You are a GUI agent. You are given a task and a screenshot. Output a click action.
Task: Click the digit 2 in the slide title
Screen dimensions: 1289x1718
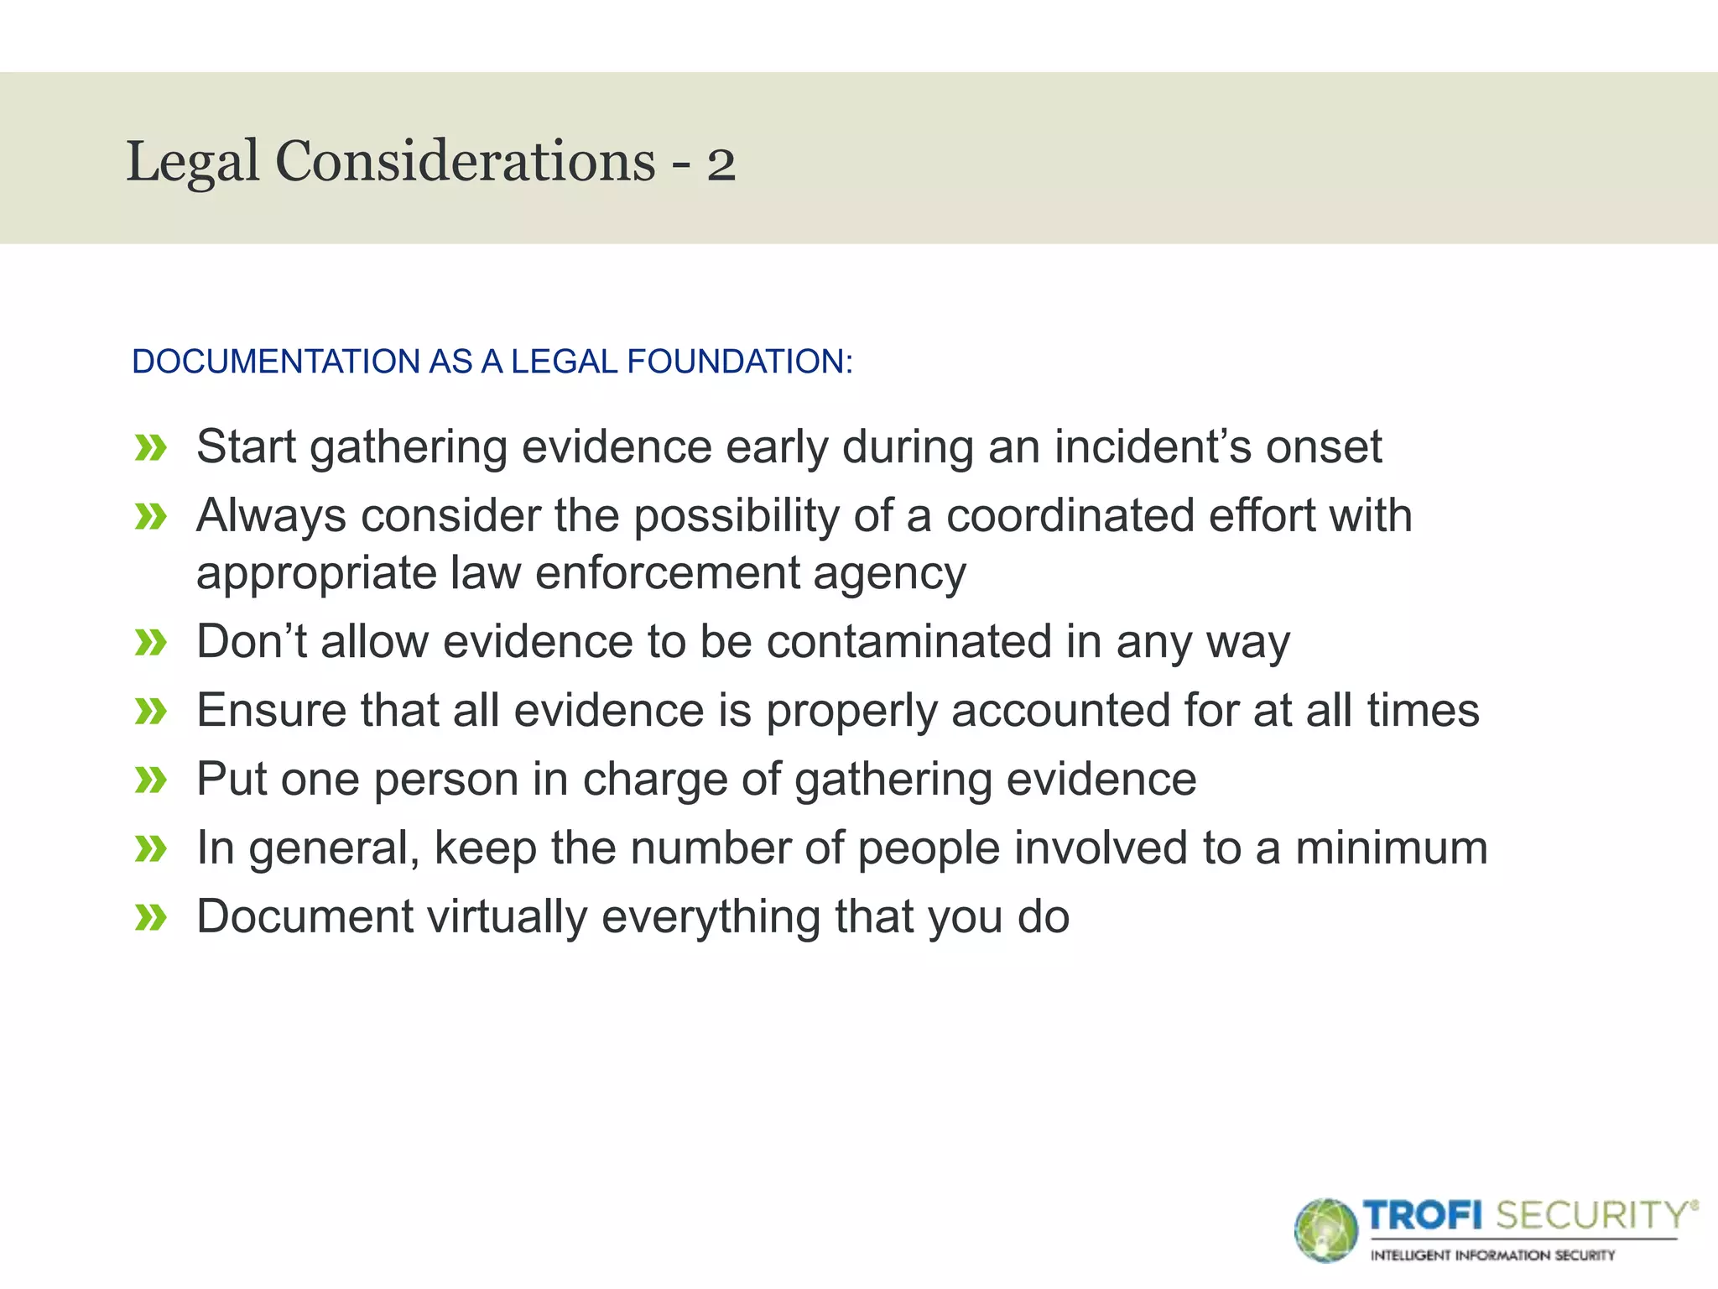click(x=721, y=164)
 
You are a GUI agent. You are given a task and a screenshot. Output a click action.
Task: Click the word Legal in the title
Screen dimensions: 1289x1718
click(x=192, y=161)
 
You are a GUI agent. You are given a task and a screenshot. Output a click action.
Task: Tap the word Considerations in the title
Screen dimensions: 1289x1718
click(x=465, y=161)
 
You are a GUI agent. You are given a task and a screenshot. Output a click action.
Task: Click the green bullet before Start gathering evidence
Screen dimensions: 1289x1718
click(x=151, y=448)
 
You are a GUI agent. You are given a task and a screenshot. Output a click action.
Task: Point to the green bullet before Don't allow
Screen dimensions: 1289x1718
click(x=151, y=644)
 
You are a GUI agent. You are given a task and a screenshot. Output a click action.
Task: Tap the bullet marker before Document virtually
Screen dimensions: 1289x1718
click(x=151, y=918)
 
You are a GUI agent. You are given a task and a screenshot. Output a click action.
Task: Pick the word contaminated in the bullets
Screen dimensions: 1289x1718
click(x=908, y=642)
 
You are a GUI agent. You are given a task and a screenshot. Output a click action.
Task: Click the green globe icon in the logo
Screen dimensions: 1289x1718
click(x=1325, y=1230)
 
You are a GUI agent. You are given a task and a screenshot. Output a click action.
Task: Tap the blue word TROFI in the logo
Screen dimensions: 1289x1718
click(x=1423, y=1215)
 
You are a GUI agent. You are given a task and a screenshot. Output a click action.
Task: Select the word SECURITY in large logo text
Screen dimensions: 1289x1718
click(x=1590, y=1215)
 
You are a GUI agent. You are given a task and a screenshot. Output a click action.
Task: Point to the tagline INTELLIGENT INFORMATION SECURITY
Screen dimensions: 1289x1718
click(x=1492, y=1255)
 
